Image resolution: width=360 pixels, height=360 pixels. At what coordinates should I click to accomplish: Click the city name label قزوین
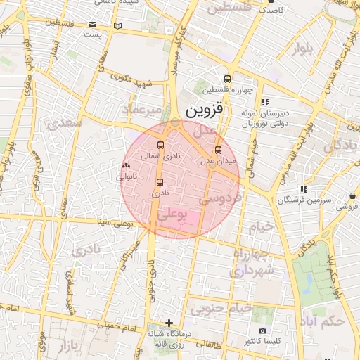click(203, 111)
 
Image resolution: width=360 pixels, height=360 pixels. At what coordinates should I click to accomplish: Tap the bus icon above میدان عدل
click(217, 150)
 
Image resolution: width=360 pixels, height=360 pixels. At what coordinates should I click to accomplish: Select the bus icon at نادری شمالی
click(161, 146)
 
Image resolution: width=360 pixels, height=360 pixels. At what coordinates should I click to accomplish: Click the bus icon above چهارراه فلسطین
click(227, 79)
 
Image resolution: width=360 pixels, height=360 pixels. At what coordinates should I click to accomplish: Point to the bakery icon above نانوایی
click(126, 166)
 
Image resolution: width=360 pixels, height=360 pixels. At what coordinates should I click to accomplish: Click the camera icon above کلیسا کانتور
click(262, 330)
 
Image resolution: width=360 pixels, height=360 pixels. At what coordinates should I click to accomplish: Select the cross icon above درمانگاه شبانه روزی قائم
click(167, 323)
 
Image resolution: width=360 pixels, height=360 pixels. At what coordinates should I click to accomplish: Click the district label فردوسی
click(219, 199)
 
